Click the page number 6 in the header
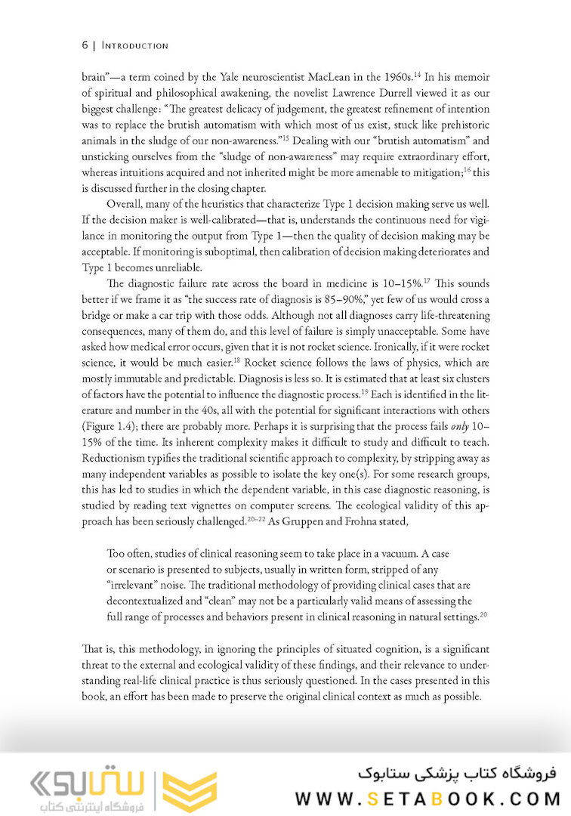[85, 45]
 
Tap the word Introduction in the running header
[134, 45]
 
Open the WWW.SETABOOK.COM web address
[427, 797]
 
